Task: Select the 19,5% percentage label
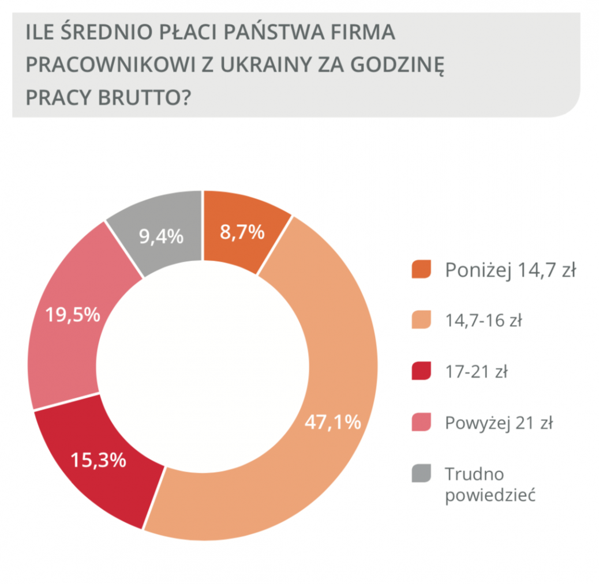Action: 73,315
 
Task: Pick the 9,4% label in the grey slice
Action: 162,236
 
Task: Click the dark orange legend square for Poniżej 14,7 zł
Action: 421,269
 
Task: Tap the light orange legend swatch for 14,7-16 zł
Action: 421,320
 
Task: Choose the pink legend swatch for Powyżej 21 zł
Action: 421,423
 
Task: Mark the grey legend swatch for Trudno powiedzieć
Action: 421,473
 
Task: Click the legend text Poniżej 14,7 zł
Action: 510,270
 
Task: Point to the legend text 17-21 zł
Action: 476,372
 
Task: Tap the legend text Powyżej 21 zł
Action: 499,423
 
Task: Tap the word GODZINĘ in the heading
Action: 399,65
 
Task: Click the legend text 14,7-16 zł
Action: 483,321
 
